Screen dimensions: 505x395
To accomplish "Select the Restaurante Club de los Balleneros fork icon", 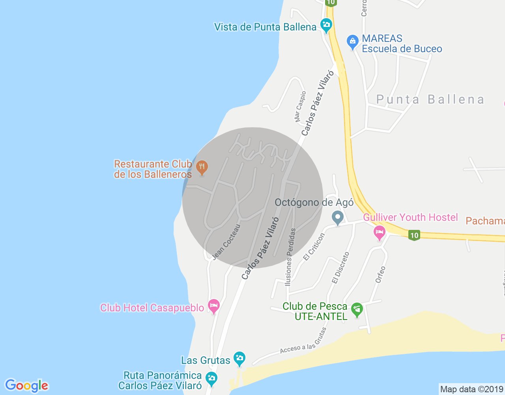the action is click(x=202, y=167).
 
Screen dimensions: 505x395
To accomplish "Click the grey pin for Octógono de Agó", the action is click(x=337, y=217).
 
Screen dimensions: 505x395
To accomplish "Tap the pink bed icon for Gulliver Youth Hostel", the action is click(x=379, y=232).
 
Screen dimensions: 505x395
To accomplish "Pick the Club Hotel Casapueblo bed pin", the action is click(x=214, y=306).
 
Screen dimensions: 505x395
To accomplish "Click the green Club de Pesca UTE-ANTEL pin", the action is click(x=357, y=309).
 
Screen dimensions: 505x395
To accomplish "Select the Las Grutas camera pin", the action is click(x=239, y=359).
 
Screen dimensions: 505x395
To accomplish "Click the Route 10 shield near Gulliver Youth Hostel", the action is click(x=414, y=236).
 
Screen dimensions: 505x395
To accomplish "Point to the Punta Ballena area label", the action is click(x=430, y=100).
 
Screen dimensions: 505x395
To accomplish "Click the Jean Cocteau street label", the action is click(x=226, y=242).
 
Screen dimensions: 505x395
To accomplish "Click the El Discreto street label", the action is click(x=340, y=268).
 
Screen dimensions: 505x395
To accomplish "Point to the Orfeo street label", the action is click(x=380, y=274).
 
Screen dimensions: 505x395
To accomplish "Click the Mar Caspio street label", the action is click(x=300, y=107).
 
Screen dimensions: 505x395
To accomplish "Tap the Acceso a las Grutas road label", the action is click(x=303, y=341).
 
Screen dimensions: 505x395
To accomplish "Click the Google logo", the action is click(x=26, y=386).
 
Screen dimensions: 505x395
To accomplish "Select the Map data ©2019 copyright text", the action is click(x=471, y=389).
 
